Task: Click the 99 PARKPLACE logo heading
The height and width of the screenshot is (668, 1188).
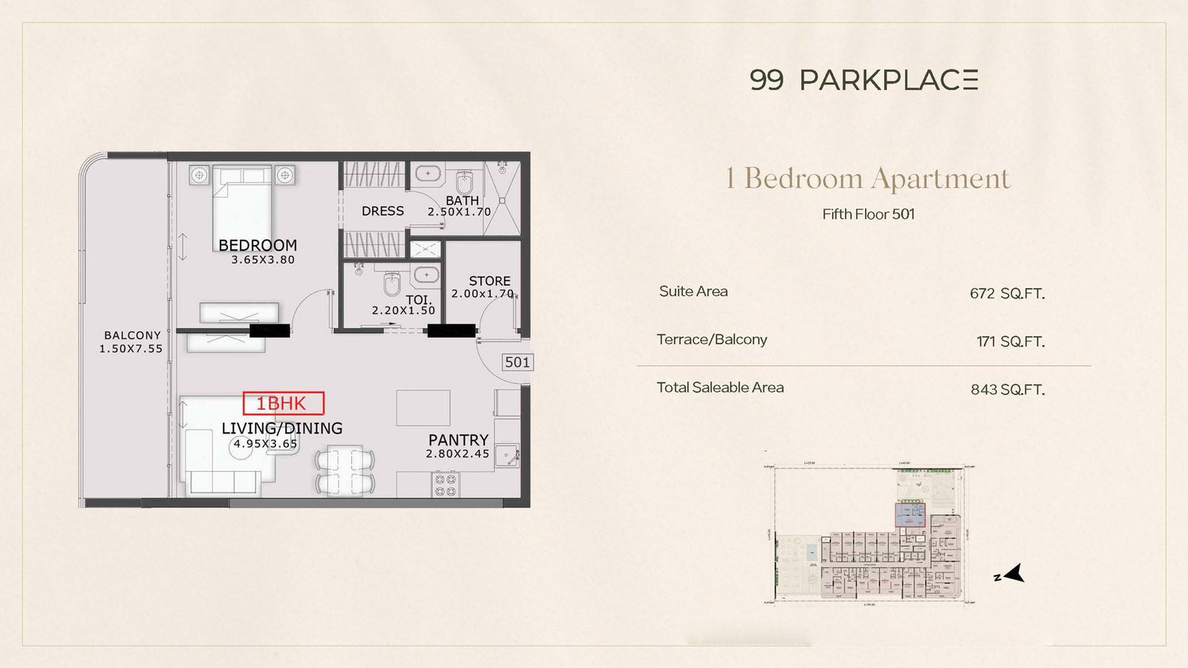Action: (x=864, y=80)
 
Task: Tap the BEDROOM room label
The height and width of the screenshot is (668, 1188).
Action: (x=257, y=245)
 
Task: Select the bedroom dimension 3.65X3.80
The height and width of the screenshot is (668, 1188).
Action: (x=263, y=260)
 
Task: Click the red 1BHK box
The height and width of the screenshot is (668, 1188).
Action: (x=284, y=403)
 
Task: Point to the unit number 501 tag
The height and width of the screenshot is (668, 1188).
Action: (x=517, y=362)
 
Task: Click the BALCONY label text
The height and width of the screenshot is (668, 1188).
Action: (x=132, y=335)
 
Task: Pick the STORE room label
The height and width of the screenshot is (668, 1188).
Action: (x=489, y=281)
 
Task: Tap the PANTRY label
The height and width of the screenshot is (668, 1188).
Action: (x=458, y=439)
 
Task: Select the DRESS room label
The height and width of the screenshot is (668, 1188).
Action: (x=382, y=211)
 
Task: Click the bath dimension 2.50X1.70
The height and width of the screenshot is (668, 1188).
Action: (x=459, y=212)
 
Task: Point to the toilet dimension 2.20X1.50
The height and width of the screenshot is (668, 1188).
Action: (x=403, y=310)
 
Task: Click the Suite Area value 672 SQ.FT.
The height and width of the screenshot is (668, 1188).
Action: (x=1007, y=293)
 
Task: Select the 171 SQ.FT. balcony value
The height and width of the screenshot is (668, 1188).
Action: (x=1010, y=341)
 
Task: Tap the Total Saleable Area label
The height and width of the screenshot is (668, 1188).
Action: (x=719, y=387)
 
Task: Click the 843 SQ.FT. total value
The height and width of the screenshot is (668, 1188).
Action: (x=1007, y=390)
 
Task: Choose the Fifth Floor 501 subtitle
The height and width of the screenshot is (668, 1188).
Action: (x=868, y=215)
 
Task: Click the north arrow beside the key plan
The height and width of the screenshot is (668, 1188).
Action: (x=1014, y=574)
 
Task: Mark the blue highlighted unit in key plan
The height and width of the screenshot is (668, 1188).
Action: (x=910, y=514)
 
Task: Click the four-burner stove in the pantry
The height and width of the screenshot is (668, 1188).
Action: (x=445, y=485)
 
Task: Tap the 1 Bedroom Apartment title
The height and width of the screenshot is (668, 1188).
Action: (x=868, y=178)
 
